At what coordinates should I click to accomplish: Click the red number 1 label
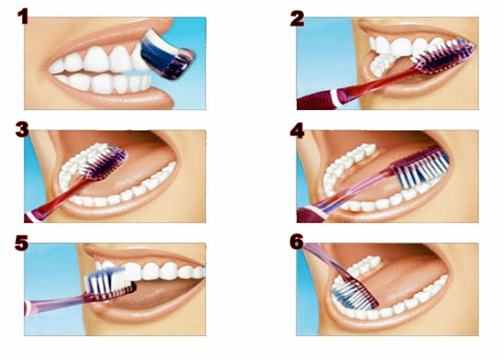click(23, 17)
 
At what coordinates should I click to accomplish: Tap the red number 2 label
click(297, 18)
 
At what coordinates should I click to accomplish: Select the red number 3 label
click(22, 130)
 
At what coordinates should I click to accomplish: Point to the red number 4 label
click(297, 131)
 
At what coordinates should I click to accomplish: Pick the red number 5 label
click(22, 243)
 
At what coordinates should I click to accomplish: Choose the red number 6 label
click(297, 242)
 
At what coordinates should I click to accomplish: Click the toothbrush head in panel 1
click(167, 54)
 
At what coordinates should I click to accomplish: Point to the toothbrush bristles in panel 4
click(421, 167)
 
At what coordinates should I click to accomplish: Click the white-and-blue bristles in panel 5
click(108, 281)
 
